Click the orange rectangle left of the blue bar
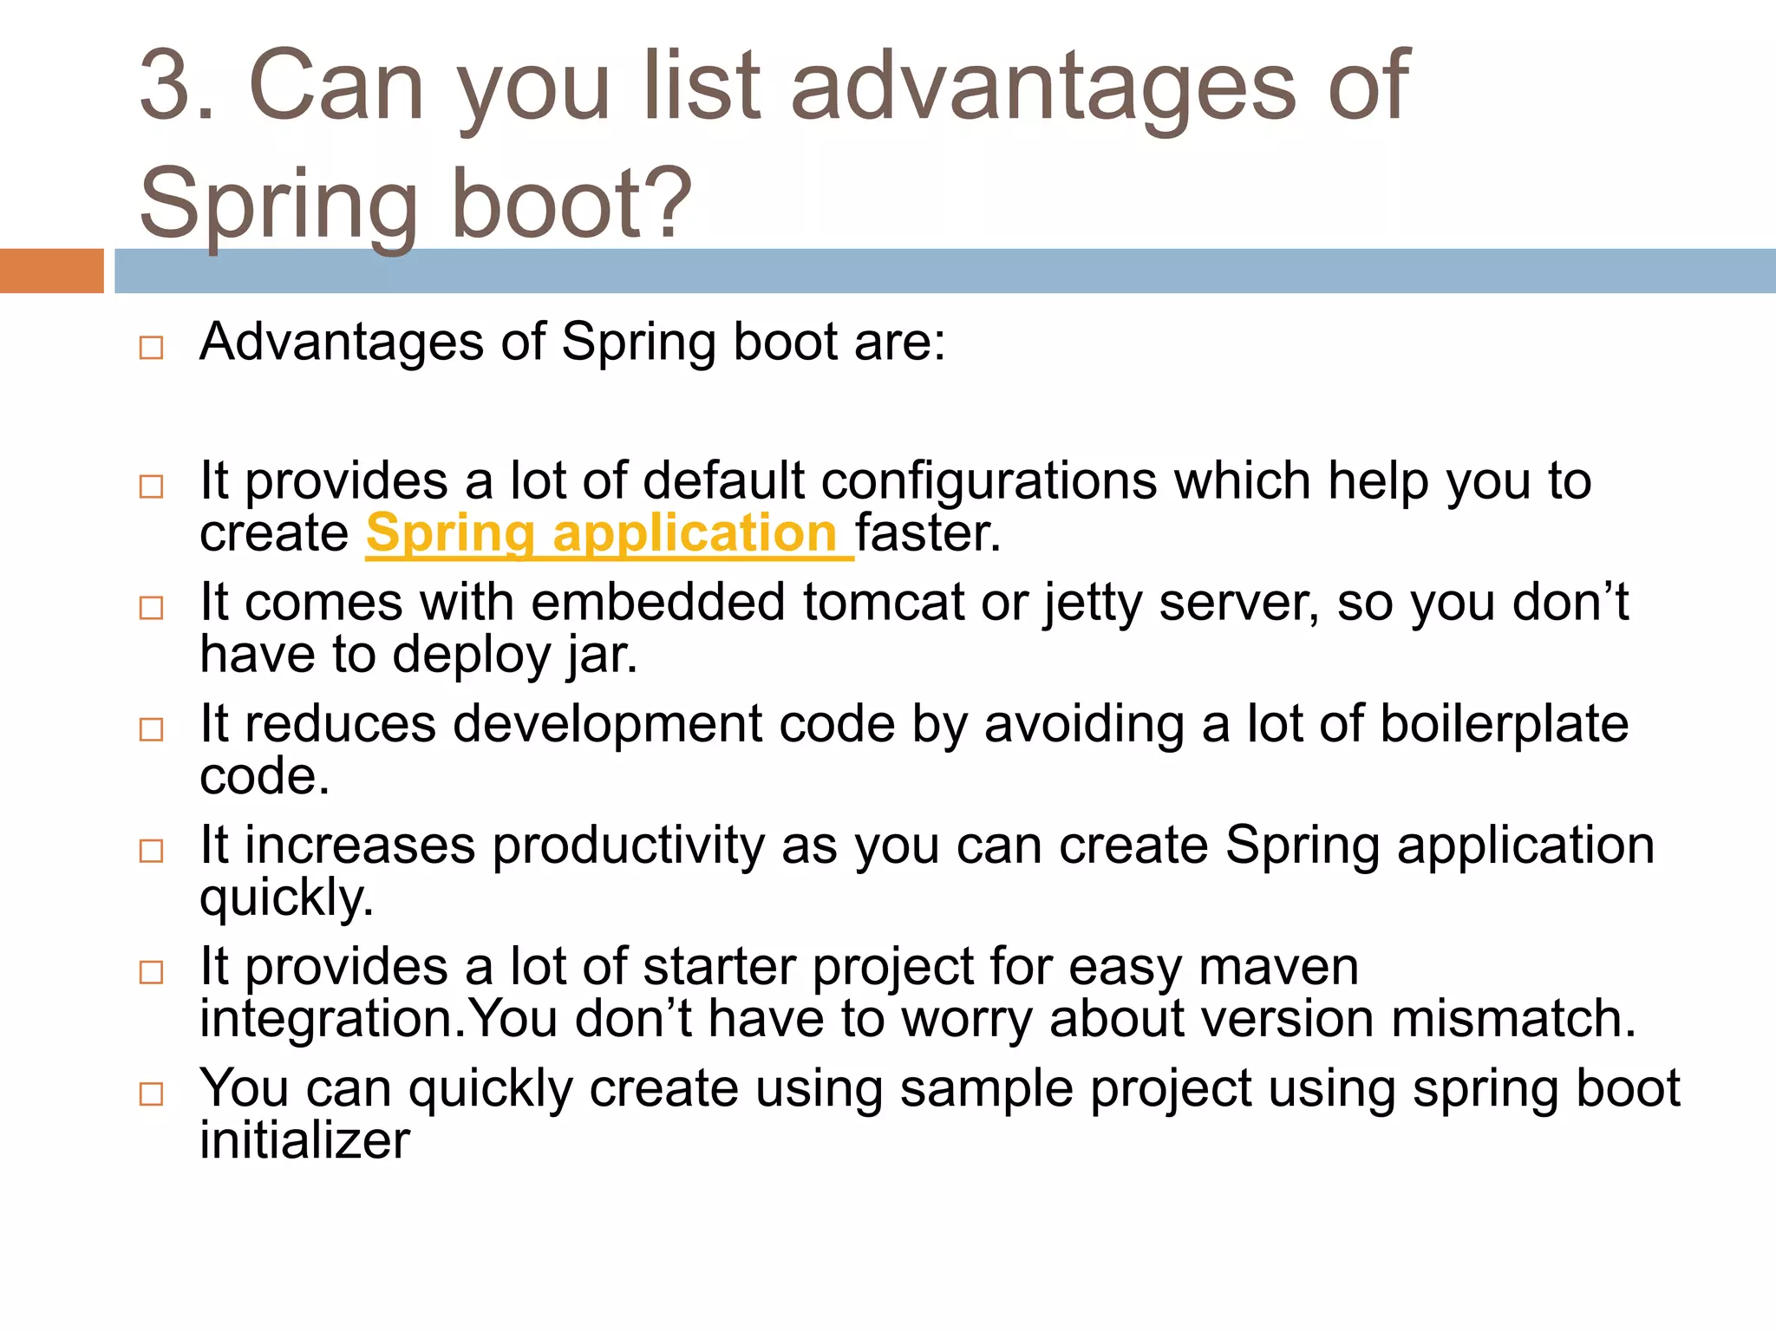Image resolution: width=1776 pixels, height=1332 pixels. tap(51, 271)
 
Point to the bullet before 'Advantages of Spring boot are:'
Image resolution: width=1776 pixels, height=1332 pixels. tap(151, 348)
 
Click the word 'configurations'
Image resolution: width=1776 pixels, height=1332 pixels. tap(989, 481)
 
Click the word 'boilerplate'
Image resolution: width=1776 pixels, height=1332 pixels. tap(1504, 724)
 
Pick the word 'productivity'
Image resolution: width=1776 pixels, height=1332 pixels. tap(629, 846)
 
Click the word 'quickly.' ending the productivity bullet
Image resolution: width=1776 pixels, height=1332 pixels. tap(286, 898)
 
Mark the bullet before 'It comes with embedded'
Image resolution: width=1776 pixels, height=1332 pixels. tap(151, 608)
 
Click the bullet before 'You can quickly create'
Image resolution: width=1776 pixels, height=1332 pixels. tap(151, 1094)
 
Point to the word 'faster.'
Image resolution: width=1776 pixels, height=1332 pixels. tap(928, 533)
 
